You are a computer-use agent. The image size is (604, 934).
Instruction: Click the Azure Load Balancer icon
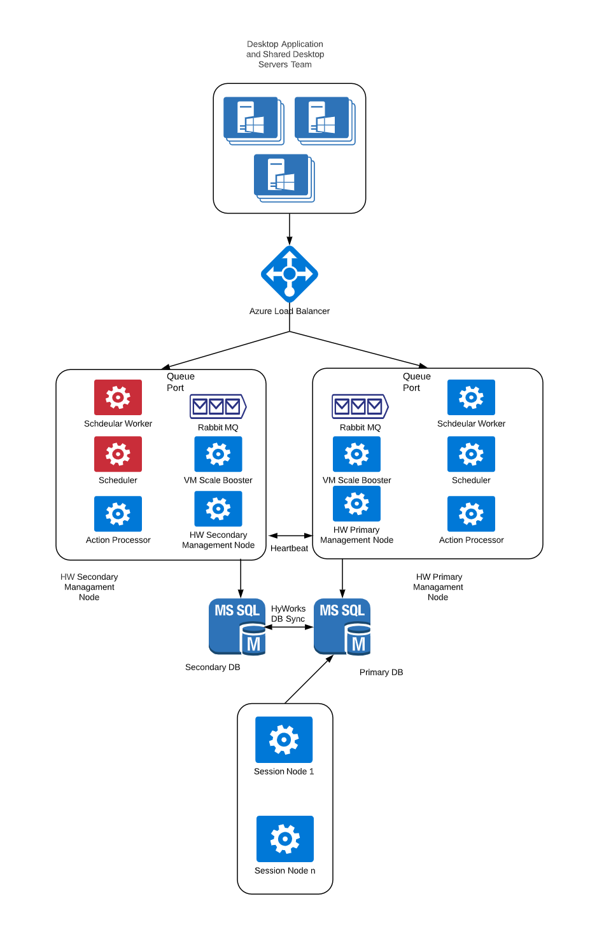coord(290,274)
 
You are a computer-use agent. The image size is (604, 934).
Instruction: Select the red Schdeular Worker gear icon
coord(118,397)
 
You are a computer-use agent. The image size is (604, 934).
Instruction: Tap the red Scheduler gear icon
coord(118,454)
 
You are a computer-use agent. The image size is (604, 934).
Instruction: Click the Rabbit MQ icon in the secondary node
coord(218,406)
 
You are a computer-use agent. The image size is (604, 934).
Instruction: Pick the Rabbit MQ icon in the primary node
coord(360,406)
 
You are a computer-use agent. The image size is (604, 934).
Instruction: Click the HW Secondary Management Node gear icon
coord(218,509)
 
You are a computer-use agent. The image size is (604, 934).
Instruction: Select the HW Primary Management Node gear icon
coord(356,504)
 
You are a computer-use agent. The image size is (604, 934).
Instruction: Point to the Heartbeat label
coord(289,548)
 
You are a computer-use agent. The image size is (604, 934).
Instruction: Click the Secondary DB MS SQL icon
coord(237,626)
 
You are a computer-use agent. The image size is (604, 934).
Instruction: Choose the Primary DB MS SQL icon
coord(342,626)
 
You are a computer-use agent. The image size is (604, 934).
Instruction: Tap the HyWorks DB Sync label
coord(288,614)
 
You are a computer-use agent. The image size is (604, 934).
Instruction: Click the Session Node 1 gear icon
coord(284,739)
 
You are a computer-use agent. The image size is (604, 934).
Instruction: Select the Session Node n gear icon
coord(285,839)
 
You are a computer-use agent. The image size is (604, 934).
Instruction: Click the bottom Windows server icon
coord(281,175)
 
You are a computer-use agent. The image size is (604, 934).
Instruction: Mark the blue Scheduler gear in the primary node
coord(471,454)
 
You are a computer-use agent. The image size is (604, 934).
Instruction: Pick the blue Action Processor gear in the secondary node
coord(118,514)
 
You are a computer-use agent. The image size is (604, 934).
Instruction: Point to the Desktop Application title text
coord(285,54)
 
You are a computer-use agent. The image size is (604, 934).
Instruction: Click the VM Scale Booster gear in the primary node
coord(356,454)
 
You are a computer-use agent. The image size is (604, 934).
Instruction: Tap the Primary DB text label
coord(381,672)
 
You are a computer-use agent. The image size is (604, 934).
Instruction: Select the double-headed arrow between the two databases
coord(289,627)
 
